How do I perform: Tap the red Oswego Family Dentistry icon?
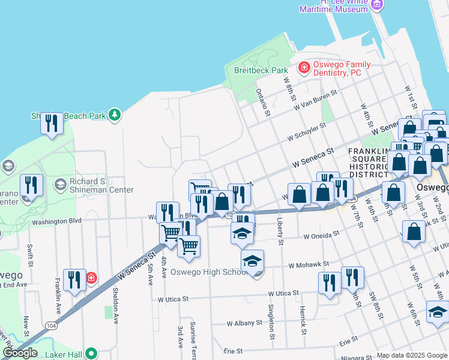tap(304, 66)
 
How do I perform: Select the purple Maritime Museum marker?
tap(377, 5)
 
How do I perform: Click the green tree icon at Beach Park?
tap(114, 114)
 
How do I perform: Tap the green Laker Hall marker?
tap(91, 353)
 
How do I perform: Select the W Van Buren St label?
tap(315, 100)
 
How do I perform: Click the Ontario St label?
tap(261, 102)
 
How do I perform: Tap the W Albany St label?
tap(245, 323)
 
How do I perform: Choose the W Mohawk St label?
tap(309, 264)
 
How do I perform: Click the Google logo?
tap(20, 353)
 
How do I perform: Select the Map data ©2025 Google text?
tap(412, 355)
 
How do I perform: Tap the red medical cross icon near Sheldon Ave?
tap(91, 278)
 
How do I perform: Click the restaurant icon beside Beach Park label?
tap(52, 124)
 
